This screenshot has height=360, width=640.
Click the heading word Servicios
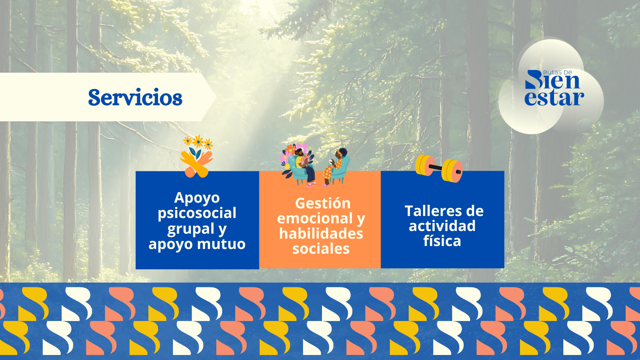[135, 97]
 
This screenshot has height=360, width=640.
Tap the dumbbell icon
[439, 168]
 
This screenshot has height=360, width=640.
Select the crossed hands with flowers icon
[197, 156]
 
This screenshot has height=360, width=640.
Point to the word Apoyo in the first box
[197, 198]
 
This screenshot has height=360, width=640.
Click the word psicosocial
[197, 213]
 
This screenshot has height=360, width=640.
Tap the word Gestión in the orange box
[323, 203]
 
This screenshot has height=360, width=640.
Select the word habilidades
[321, 233]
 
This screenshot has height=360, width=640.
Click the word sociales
[321, 249]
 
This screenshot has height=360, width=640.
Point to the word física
[442, 241]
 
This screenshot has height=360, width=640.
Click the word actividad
[442, 226]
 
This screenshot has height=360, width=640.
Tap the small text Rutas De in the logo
[557, 72]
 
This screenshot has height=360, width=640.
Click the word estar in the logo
[554, 98]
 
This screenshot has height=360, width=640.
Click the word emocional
[315, 218]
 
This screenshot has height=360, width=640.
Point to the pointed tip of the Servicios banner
[216, 97]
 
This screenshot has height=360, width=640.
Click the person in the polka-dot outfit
[334, 167]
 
